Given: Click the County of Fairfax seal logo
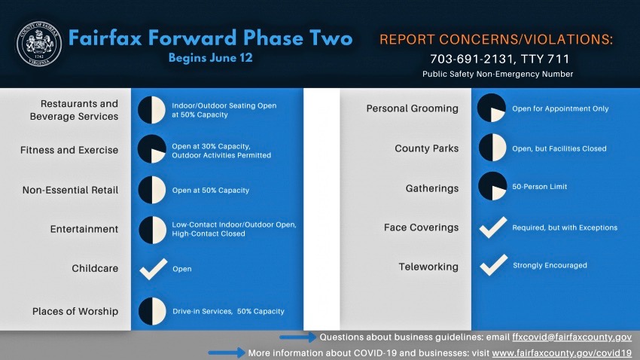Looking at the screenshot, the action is coord(38,44).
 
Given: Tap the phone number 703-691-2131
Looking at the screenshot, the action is coord(469,59).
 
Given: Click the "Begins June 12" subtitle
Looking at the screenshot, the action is coord(211,58).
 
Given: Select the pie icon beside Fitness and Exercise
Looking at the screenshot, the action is coord(152,149).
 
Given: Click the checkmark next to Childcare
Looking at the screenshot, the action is coord(153,269).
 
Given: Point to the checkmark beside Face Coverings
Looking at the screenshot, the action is coord(493,227).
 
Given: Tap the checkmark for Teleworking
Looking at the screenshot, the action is coord(493,265).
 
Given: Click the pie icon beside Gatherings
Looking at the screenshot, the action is coord(492,186).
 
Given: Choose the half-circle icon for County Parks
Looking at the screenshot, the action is coord(492,148).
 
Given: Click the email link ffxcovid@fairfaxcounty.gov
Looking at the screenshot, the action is coord(571,337).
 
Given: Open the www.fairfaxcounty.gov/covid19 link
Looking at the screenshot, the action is coord(562,353).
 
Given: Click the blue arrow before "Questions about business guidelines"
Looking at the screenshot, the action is coord(298,337).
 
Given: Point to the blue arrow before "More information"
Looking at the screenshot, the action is coord(227,352).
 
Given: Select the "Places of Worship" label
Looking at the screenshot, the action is coord(75,312).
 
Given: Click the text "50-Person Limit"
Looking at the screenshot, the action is coord(540,187).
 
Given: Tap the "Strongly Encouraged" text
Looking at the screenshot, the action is coord(550,265).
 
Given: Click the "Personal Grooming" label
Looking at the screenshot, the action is coord(413,108).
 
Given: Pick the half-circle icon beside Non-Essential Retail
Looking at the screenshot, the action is coord(152,190).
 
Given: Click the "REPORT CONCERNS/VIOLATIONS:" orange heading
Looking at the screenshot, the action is coord(496,40).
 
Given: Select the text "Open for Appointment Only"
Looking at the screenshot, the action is coord(560,108).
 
